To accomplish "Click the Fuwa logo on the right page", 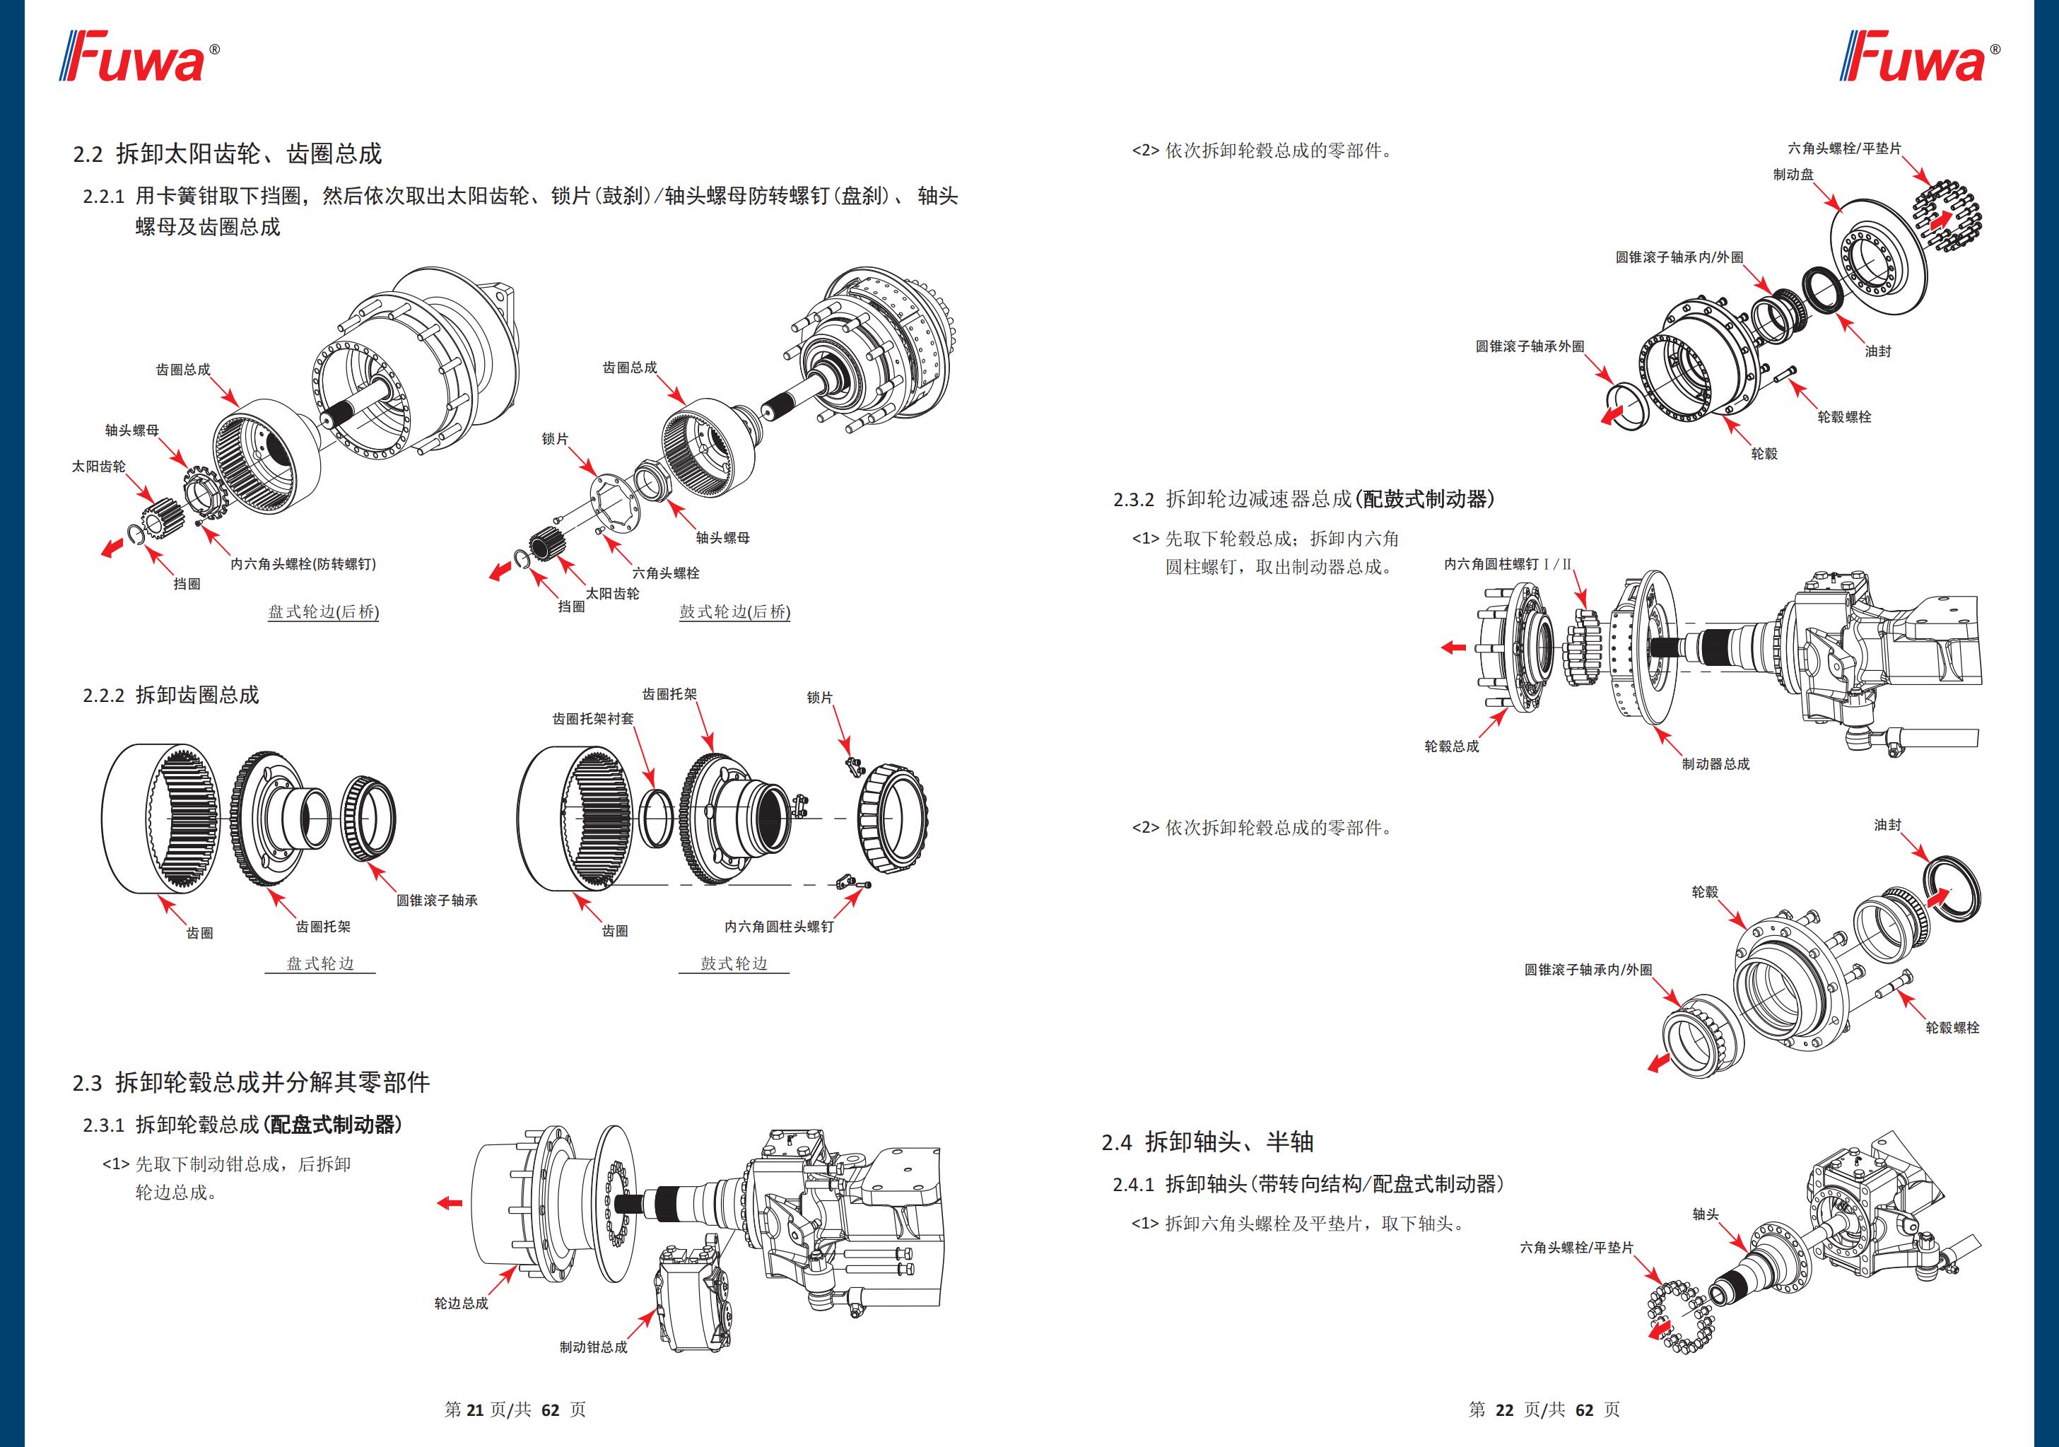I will (x=1918, y=57).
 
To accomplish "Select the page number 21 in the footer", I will (x=474, y=1410).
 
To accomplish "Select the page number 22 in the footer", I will (x=1504, y=1410).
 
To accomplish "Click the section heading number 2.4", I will (x=1117, y=1143).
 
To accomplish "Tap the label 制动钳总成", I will (x=593, y=1347).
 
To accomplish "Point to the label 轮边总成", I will (x=461, y=1303).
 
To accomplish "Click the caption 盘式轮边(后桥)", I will (x=323, y=612).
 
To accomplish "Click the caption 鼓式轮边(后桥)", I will (x=734, y=612).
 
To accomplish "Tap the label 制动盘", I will (x=1793, y=174).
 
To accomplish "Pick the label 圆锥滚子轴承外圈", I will (x=1530, y=346).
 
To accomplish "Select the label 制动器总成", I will (x=1715, y=763).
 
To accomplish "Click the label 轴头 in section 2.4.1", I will (x=1706, y=1214).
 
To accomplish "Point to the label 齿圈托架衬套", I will (x=593, y=719).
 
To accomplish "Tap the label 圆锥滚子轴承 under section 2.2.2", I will (x=437, y=900).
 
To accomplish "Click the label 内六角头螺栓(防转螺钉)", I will (x=303, y=563).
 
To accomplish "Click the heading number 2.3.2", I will (x=1134, y=500).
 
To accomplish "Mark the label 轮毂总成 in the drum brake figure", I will (x=1451, y=746).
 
